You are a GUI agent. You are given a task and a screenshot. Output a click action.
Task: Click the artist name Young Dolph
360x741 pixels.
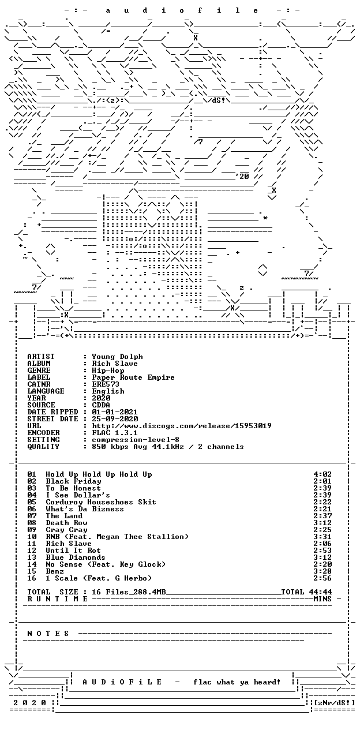pos(117,357)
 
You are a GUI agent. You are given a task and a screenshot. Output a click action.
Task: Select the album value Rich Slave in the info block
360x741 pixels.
pos(115,364)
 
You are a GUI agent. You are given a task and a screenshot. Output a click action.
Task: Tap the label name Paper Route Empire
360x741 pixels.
pos(133,377)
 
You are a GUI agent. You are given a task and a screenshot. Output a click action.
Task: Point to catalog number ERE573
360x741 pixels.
pos(106,384)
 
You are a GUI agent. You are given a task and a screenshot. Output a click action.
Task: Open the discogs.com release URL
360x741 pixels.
pos(182,426)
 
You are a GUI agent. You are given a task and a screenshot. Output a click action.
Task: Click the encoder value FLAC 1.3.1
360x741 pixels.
pos(115,433)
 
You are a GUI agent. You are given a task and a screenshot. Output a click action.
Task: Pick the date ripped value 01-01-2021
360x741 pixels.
pos(115,412)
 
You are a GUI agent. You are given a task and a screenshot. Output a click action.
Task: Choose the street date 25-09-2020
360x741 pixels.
pos(115,419)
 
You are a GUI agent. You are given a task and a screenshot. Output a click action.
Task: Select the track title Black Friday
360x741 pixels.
pos(73,482)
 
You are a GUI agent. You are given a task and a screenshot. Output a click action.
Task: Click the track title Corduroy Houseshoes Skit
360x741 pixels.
pos(101,502)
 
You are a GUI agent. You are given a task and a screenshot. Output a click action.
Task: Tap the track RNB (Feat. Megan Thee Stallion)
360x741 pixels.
pos(117,537)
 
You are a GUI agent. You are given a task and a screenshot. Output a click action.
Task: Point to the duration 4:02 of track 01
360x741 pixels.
pos(322,475)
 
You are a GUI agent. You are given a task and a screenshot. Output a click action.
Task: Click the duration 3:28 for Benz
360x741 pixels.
pos(322,572)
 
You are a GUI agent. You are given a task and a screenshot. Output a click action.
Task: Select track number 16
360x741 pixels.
pos(32,579)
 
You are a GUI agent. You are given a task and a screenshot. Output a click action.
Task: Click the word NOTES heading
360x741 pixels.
pos(48,634)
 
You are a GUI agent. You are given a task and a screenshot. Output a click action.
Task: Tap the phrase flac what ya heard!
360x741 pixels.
pos(237,683)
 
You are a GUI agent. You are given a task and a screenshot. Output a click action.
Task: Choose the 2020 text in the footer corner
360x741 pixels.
pos(29,703)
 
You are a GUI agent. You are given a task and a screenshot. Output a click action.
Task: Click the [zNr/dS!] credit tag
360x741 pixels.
pos(334,703)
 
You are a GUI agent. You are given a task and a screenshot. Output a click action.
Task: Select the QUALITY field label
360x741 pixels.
pos(43,447)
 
